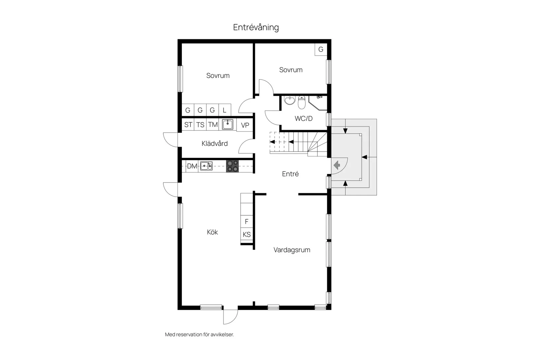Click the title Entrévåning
[x=256, y=27]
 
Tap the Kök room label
[x=212, y=232]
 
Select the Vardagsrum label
[x=292, y=250]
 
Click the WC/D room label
[x=303, y=118]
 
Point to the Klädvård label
[x=214, y=143]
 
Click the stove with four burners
[x=232, y=166]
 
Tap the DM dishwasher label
[x=192, y=166]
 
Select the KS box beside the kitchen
[x=247, y=234]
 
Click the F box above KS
[x=247, y=222]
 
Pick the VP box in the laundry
[x=245, y=125]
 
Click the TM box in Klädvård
[x=213, y=125]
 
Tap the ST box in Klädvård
[x=188, y=125]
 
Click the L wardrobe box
[x=225, y=110]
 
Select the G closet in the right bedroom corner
[x=321, y=49]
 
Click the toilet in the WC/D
[x=301, y=103]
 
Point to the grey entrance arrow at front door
[x=336, y=165]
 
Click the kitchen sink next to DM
[x=206, y=166]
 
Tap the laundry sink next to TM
[x=227, y=124]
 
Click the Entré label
[x=290, y=174]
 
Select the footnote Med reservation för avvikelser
[x=199, y=334]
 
